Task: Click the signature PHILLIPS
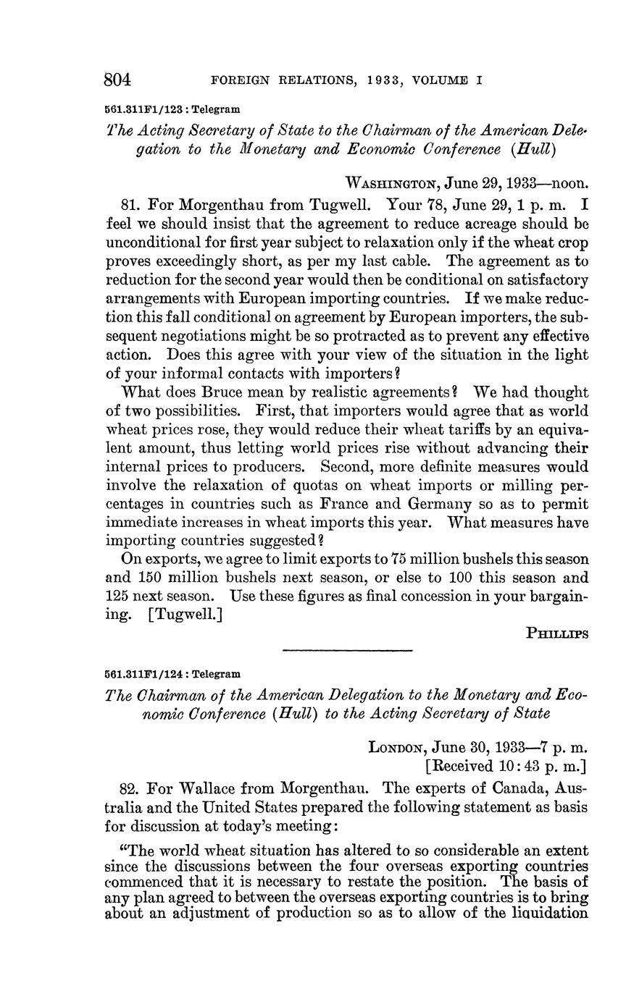coord(557,632)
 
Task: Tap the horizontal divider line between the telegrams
coord(346,651)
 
